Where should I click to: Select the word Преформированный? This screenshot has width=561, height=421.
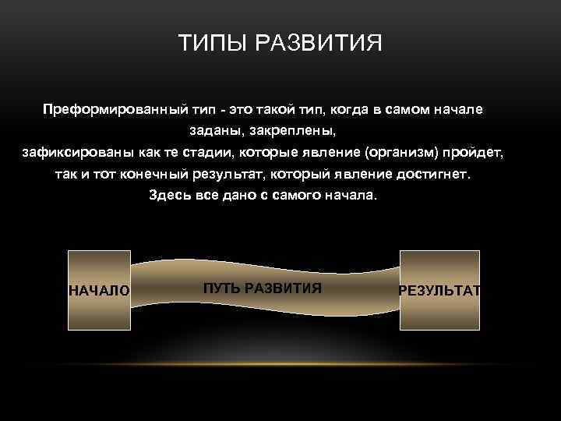coord(106,110)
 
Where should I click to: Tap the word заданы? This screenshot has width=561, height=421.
coord(213,132)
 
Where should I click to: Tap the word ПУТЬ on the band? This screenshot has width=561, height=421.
coord(221,288)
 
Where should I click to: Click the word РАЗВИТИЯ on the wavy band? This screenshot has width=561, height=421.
coord(284,288)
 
